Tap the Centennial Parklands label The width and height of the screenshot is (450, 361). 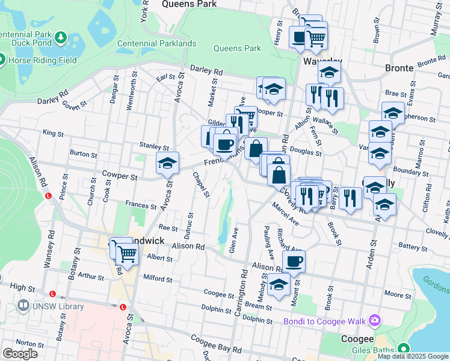click(156, 43)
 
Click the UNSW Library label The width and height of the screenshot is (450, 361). click(59, 307)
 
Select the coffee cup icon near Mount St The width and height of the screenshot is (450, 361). click(294, 261)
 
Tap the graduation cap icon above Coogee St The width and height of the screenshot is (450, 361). click(279, 285)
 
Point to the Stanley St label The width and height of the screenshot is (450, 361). click(154, 146)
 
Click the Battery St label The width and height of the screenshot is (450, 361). click(412, 247)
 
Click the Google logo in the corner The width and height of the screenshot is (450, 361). click(20, 354)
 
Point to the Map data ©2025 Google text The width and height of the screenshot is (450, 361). click(413, 357)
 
